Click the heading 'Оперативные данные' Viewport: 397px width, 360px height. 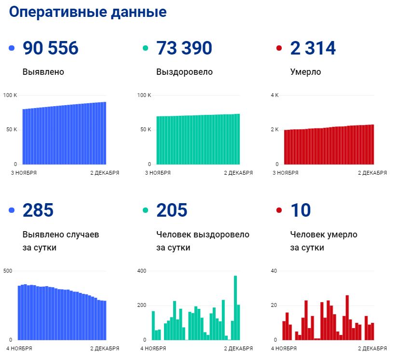click(x=88, y=13)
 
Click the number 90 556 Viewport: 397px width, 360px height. click(x=50, y=48)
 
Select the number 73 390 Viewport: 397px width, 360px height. click(x=184, y=48)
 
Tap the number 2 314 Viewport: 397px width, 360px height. click(x=313, y=48)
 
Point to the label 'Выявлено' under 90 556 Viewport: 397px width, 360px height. click(x=43, y=72)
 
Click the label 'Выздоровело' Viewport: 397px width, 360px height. click(x=184, y=72)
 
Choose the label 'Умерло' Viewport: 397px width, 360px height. click(x=305, y=72)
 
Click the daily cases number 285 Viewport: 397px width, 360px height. click(x=38, y=210)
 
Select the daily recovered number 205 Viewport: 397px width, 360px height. click(x=172, y=210)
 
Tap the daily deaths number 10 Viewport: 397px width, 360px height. click(x=301, y=210)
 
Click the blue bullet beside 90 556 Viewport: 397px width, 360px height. click(x=12, y=48)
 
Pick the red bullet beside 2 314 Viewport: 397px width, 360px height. click(x=279, y=48)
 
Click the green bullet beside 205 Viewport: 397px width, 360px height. click(x=146, y=210)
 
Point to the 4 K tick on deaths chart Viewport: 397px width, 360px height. click(x=274, y=95)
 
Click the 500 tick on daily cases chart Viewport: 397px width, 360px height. click(x=7, y=271)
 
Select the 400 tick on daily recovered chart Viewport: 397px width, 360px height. click(x=141, y=271)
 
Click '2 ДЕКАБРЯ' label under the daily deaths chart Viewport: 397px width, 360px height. click(x=372, y=348)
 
